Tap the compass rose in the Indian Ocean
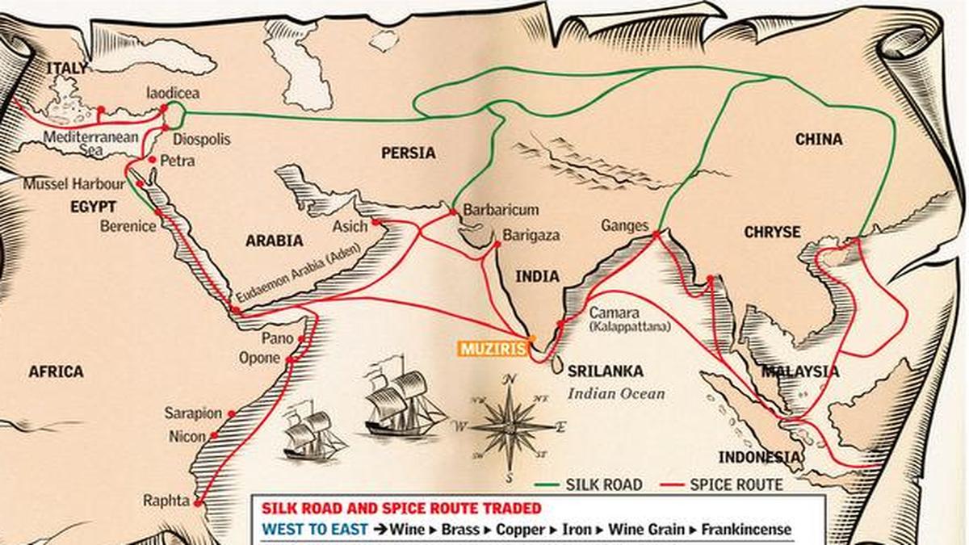(x=510, y=425)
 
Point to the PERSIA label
(x=408, y=153)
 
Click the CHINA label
(x=819, y=139)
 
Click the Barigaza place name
(x=531, y=236)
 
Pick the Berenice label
(x=128, y=226)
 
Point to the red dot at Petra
(x=153, y=161)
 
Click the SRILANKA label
(x=605, y=371)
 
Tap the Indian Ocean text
(x=615, y=394)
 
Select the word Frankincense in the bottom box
(x=746, y=530)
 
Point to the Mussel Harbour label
(x=73, y=183)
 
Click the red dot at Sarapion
(x=232, y=413)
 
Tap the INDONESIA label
(x=759, y=458)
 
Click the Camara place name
(x=615, y=312)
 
